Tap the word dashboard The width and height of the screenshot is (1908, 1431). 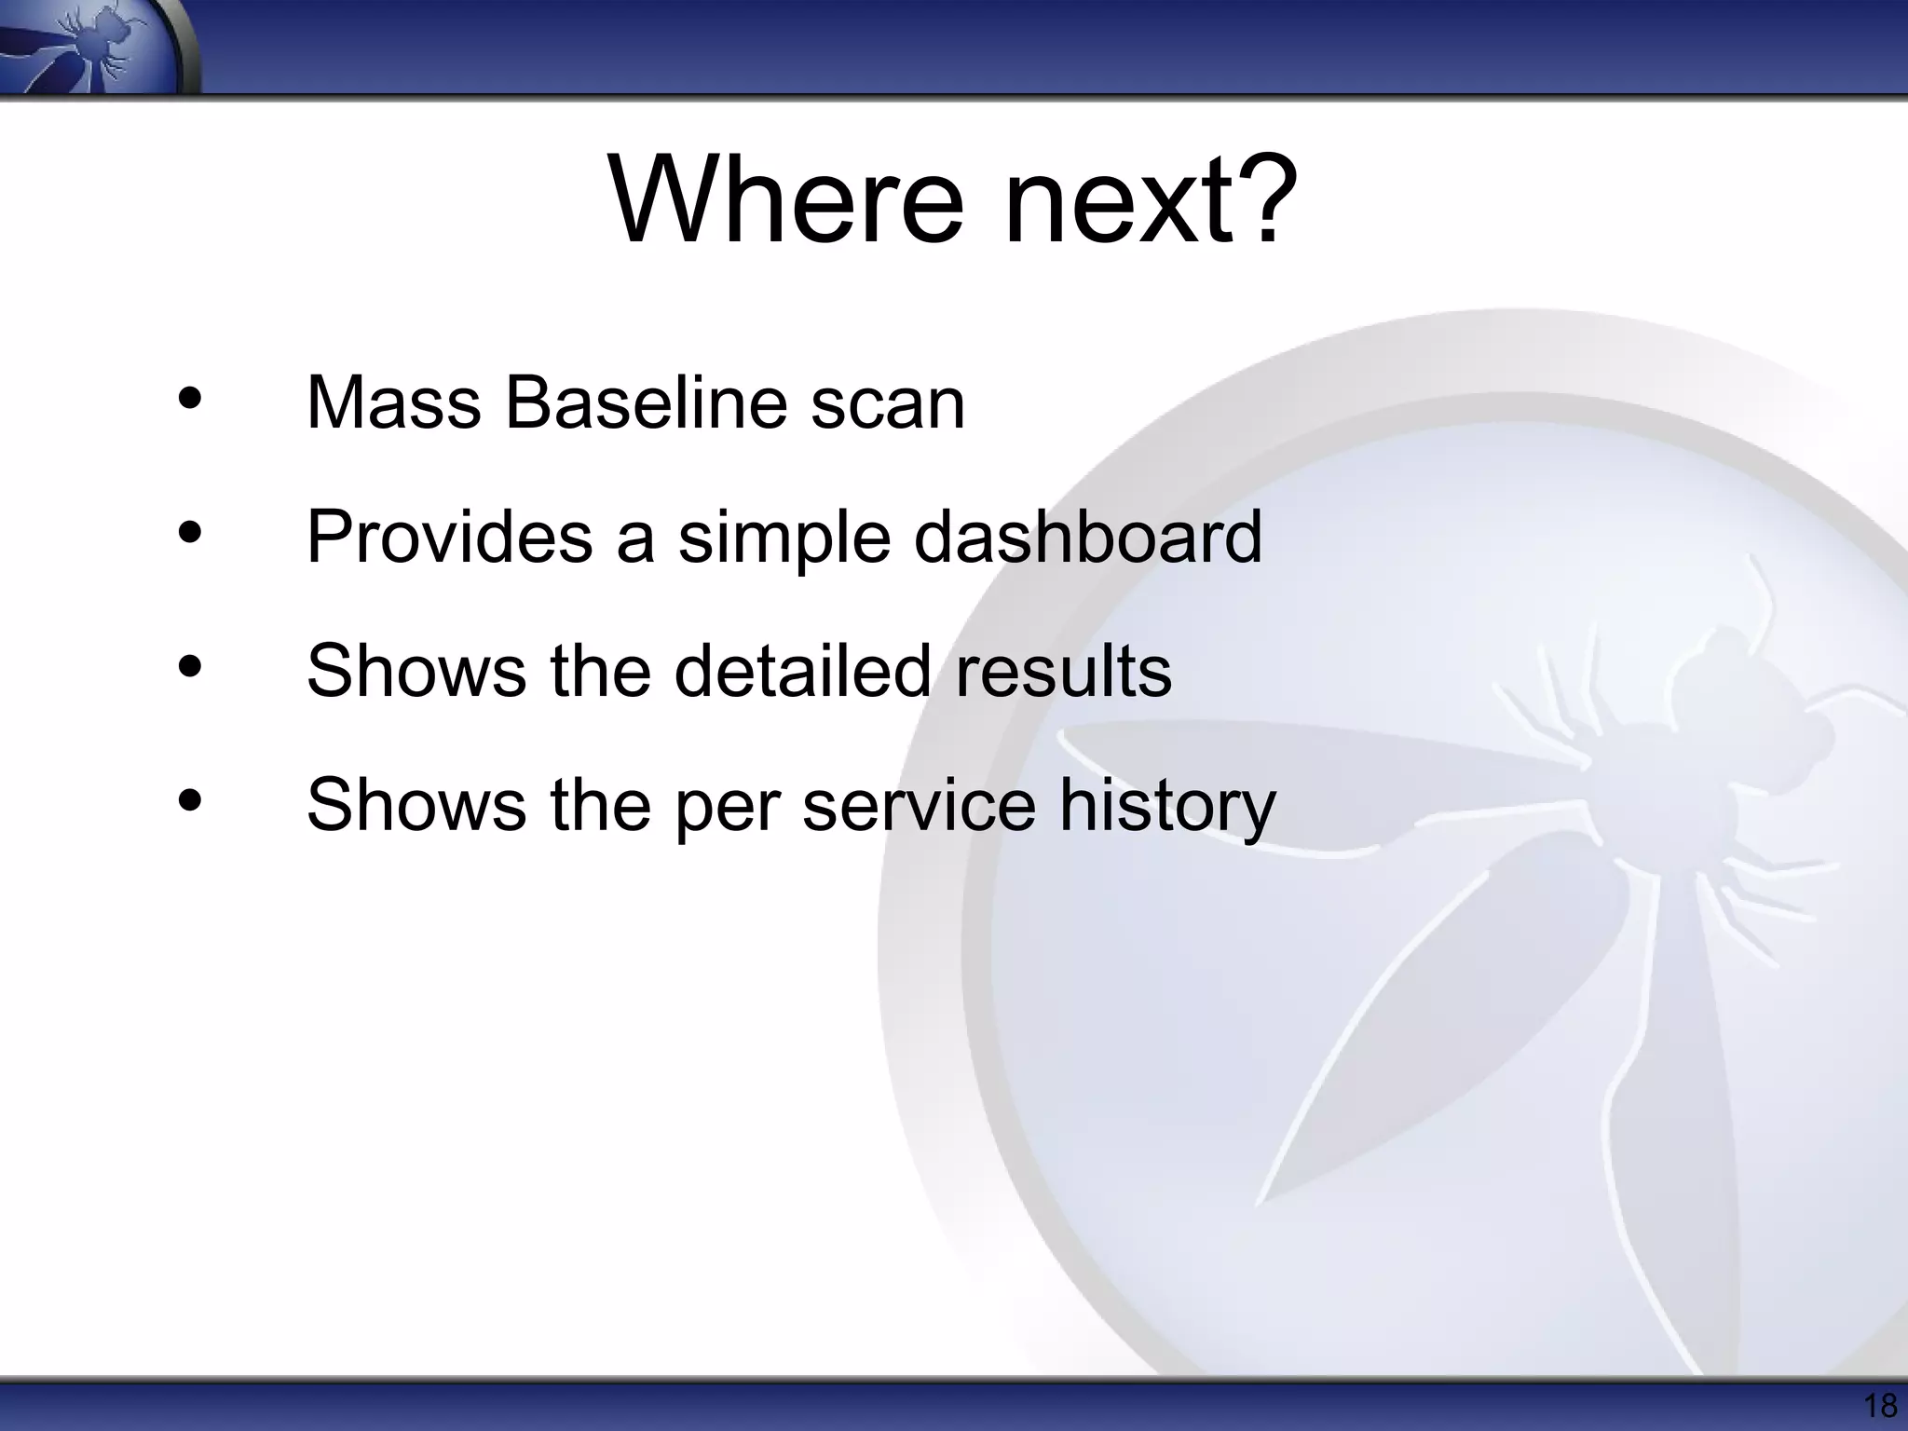click(x=1087, y=538)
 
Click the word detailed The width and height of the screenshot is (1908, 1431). click(x=802, y=671)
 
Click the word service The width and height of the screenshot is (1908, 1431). click(x=919, y=805)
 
